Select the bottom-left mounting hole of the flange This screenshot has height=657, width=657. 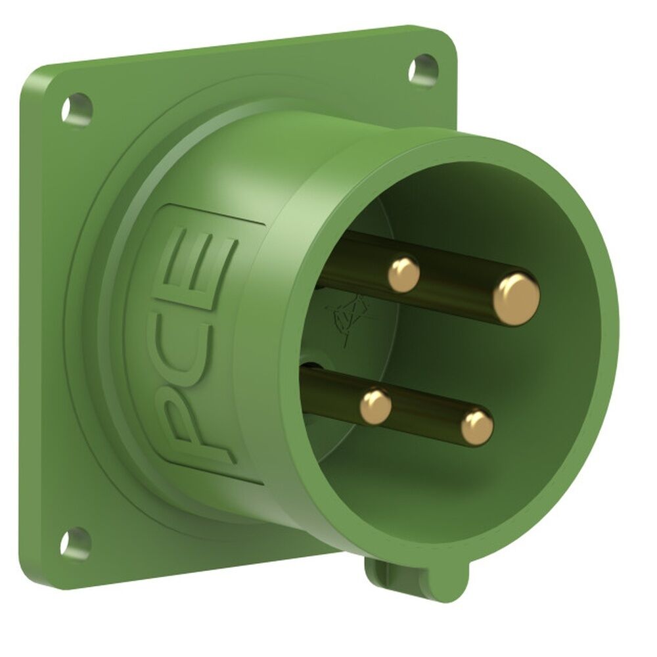(75, 543)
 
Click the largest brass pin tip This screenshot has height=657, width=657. (516, 299)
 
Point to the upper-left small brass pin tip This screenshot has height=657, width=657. (403, 274)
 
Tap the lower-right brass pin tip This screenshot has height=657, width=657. (476, 427)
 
